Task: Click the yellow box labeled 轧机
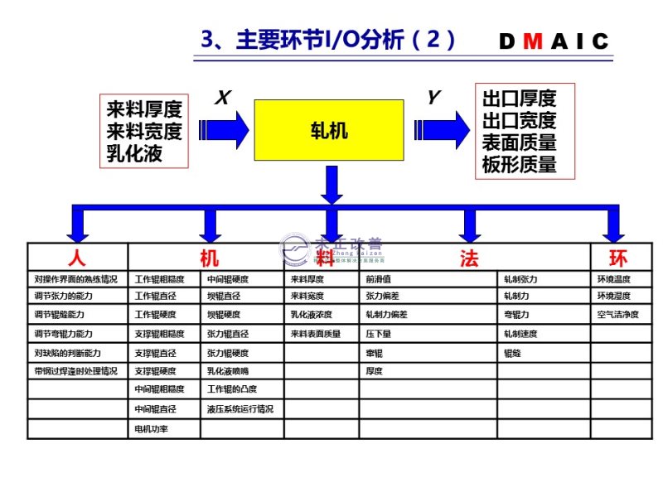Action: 329,130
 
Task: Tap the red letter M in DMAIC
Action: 535,41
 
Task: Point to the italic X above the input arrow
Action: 222,99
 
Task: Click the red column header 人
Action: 77,258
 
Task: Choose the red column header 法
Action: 469,258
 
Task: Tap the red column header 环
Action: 618,258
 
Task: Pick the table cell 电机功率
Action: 152,429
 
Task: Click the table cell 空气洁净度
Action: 618,315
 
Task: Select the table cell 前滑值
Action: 379,279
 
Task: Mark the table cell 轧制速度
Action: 520,334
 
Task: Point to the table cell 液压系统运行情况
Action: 240,409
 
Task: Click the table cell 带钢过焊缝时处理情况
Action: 76,372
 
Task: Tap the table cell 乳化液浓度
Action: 312,315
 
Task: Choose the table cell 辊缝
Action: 512,353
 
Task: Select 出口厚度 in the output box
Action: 519,99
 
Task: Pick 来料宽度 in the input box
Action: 144,131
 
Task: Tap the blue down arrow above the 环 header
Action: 613,224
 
